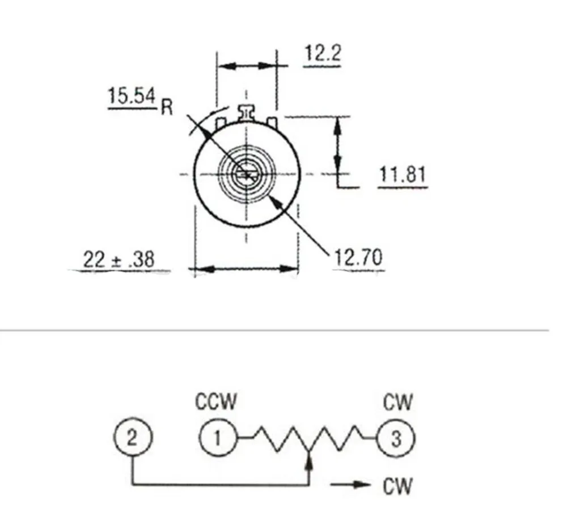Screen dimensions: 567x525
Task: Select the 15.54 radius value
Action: click(x=132, y=96)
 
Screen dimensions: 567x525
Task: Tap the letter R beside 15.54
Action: click(x=167, y=107)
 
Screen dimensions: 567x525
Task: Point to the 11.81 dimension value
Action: click(x=403, y=174)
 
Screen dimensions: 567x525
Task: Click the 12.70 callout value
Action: click(x=358, y=258)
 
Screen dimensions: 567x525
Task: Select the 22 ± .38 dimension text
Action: click(x=119, y=259)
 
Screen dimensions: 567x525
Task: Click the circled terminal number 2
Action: click(x=132, y=438)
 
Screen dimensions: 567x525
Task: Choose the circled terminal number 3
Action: click(x=396, y=439)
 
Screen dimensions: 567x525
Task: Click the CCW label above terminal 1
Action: click(x=216, y=401)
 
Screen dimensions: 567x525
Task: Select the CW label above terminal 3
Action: click(x=397, y=402)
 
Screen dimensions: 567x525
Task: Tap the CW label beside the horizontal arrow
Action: click(x=397, y=486)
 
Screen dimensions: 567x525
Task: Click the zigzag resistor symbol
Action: click(x=307, y=439)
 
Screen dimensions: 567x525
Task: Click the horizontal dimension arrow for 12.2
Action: click(x=247, y=66)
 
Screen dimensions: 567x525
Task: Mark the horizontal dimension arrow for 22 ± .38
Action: click(x=247, y=269)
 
